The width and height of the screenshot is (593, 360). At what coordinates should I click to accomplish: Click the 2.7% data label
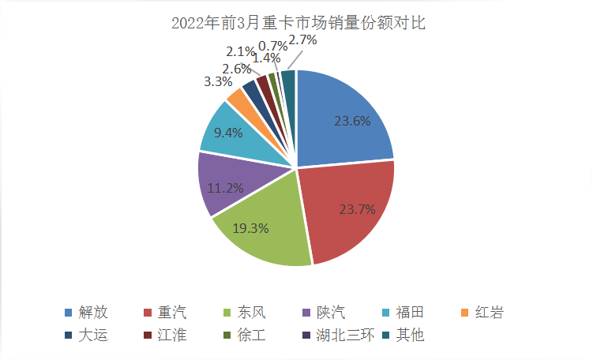pos(302,39)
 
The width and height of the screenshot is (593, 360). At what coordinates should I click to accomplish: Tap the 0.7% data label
pos(272,47)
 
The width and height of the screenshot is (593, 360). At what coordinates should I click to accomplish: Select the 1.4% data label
pos(268,58)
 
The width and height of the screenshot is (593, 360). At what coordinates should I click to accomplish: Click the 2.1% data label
pos(240,52)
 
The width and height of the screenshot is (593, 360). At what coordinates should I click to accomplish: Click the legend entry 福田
pos(408,313)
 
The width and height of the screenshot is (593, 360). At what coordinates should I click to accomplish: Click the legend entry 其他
pos(408,335)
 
